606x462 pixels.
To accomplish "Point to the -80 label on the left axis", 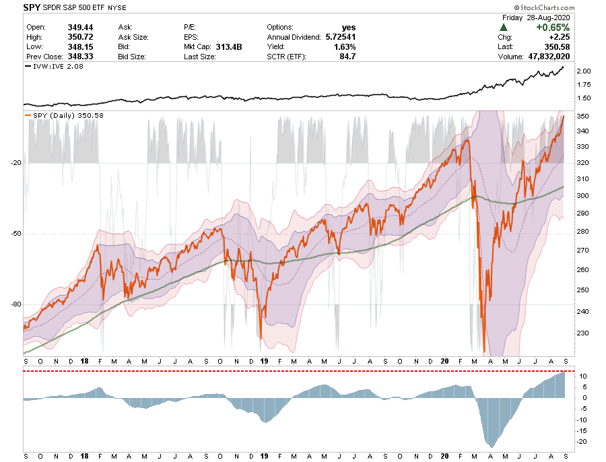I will pyautogui.click(x=16, y=304).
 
